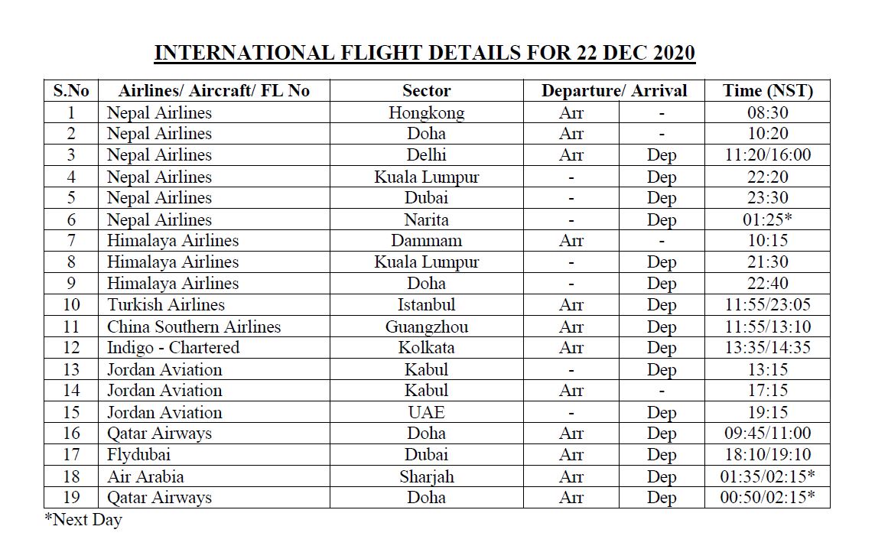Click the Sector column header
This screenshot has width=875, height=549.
coord(426,91)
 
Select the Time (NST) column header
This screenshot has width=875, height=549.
coord(767,91)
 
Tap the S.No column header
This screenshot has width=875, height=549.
coord(71,91)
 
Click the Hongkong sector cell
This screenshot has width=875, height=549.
coord(426,113)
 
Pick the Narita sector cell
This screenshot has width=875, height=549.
coord(426,220)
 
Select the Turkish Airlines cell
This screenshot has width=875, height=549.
coord(166,305)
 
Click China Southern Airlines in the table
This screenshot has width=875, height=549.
coord(194,327)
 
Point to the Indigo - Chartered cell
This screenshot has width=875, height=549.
coord(173,348)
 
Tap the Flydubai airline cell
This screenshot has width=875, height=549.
coord(138,454)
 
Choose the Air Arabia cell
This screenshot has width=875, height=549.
coord(145,476)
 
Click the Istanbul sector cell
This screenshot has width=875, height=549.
coord(426,305)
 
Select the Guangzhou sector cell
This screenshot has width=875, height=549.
coord(426,327)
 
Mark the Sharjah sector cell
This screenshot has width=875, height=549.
coord(426,476)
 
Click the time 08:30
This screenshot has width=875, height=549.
coord(767,113)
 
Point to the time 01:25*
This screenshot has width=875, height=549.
coord(767,220)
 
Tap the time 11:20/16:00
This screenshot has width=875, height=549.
coord(767,155)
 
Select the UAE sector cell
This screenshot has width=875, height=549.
coord(426,412)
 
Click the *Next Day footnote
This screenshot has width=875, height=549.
coord(83,521)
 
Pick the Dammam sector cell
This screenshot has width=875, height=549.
coord(426,241)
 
